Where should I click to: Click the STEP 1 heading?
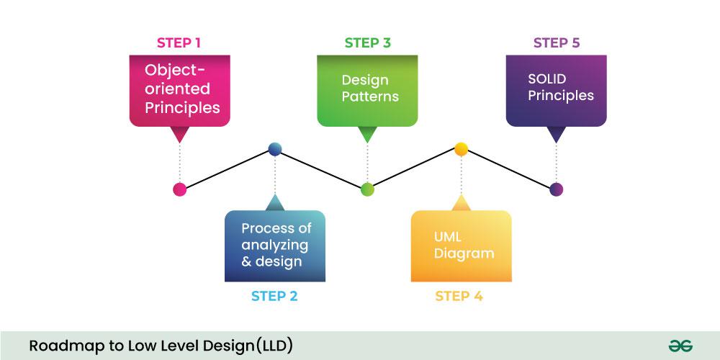coord(179,42)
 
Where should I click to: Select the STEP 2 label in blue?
coord(274,296)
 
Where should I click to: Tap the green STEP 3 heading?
coord(367,42)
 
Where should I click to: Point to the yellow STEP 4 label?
coord(459,296)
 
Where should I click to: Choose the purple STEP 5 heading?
coord(556,42)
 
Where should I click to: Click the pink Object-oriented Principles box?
coord(180,89)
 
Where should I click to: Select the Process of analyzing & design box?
coord(274,246)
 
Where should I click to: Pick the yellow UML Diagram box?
coord(461,246)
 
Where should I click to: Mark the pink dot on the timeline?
coord(180,189)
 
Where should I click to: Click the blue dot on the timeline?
coord(274,149)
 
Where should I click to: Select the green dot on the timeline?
coord(367,189)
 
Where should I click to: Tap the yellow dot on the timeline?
coord(462,149)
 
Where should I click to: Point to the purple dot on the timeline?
coord(556,189)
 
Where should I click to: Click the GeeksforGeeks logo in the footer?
coord(680,345)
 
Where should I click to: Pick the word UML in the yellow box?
coord(447,237)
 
